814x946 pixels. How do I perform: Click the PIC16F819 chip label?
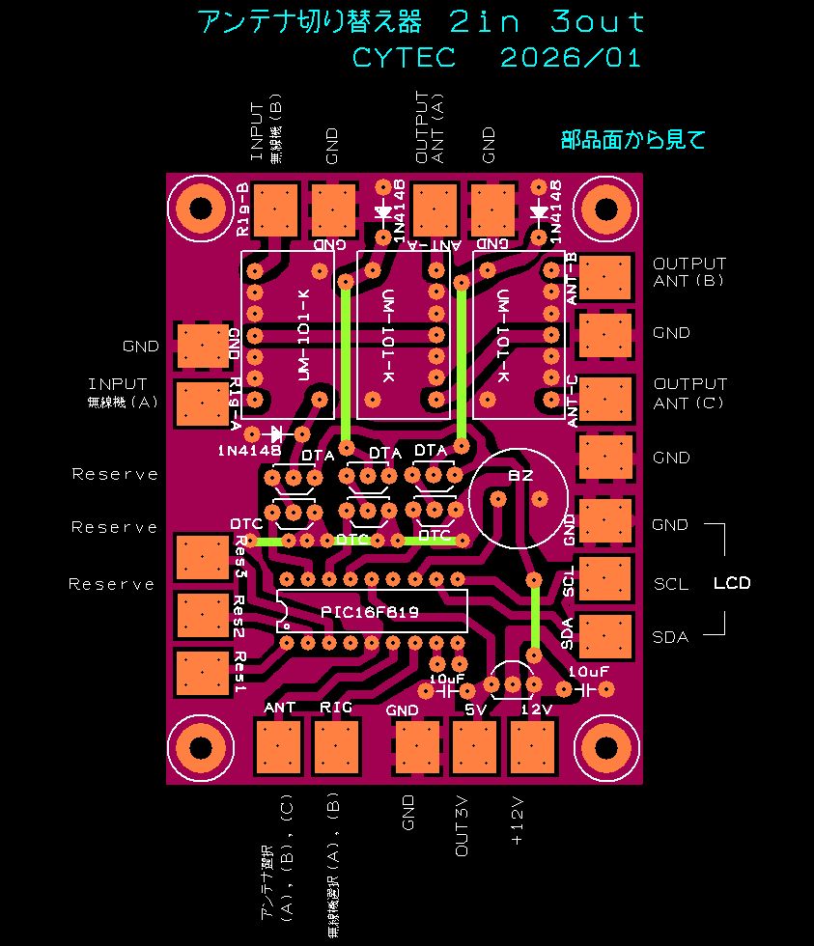click(x=370, y=613)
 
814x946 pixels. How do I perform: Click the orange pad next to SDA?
click(x=604, y=634)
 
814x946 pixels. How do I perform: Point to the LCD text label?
click(x=731, y=583)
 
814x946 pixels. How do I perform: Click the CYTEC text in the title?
click(x=404, y=58)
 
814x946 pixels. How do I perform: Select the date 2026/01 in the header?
click(x=571, y=58)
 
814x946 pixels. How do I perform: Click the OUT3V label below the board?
click(x=462, y=825)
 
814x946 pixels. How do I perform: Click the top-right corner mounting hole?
click(x=605, y=209)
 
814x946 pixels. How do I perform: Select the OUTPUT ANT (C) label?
click(x=689, y=393)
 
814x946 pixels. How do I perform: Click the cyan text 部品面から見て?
click(x=633, y=140)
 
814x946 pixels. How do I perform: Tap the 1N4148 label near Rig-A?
click(x=249, y=451)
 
